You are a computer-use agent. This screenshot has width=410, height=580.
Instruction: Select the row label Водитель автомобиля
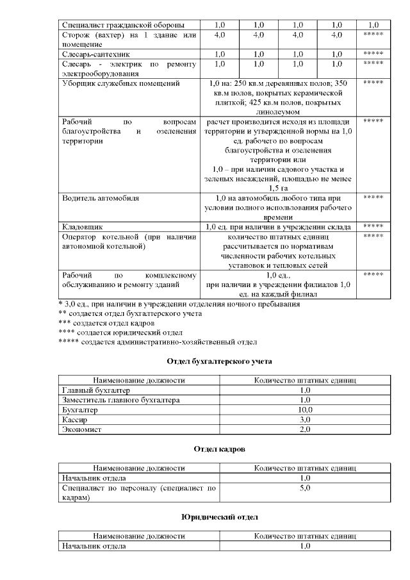[101, 197]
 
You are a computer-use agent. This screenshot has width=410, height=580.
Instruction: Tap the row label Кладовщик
[82, 227]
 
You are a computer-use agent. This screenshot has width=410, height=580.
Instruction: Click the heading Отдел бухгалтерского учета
[220, 362]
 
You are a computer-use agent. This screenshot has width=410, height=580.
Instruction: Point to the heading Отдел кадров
[220, 451]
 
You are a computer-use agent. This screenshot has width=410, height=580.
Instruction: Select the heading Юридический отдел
[220, 516]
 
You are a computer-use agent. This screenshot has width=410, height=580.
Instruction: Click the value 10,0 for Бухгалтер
[305, 410]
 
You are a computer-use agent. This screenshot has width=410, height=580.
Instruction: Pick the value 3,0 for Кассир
[305, 419]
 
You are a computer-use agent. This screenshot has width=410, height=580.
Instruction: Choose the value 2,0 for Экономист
[305, 429]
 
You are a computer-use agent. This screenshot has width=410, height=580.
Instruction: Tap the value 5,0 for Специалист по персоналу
[305, 488]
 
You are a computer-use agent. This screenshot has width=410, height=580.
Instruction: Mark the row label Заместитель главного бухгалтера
[120, 400]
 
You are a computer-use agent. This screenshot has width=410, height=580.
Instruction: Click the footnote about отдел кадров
[106, 323]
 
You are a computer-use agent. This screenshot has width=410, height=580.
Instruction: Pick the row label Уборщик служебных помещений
[120, 83]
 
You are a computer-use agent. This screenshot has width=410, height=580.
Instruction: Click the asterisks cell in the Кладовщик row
[373, 227]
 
